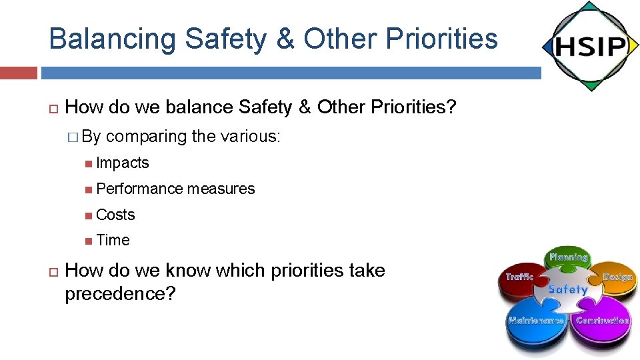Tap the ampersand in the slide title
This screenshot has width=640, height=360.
point(286,39)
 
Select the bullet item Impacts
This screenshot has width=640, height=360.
point(122,163)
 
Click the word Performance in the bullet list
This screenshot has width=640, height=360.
point(139,189)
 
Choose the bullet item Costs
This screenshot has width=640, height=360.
point(115,215)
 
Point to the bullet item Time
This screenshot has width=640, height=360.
point(113,240)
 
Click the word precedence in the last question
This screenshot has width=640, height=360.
point(120,293)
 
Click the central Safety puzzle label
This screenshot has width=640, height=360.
point(568,289)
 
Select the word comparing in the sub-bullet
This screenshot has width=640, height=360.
point(146,137)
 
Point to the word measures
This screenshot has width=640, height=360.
point(221,189)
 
